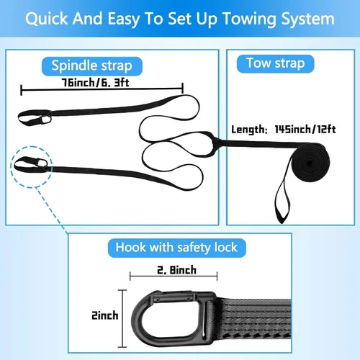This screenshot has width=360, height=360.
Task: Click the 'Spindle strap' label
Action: click(x=92, y=66)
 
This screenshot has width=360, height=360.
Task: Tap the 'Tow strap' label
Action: click(x=276, y=63)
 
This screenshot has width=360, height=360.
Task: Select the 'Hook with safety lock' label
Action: click(x=176, y=248)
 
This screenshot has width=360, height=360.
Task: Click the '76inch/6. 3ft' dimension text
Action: click(x=96, y=83)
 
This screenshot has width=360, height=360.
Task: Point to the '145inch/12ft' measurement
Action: click(x=305, y=130)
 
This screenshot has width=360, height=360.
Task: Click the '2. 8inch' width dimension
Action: click(x=176, y=270)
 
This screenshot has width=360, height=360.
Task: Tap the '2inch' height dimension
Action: click(x=105, y=315)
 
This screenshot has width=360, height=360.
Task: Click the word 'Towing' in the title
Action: click(x=250, y=19)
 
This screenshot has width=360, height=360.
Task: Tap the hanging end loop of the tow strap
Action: click(x=283, y=206)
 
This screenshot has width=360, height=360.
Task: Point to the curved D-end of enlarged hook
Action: click(x=139, y=319)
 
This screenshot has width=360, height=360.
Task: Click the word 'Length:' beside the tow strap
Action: click(x=249, y=130)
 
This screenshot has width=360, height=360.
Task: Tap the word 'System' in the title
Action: click(x=308, y=19)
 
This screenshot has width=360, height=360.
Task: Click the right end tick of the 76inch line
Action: click(x=183, y=89)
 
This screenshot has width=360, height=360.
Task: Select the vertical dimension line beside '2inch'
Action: click(x=122, y=318)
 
